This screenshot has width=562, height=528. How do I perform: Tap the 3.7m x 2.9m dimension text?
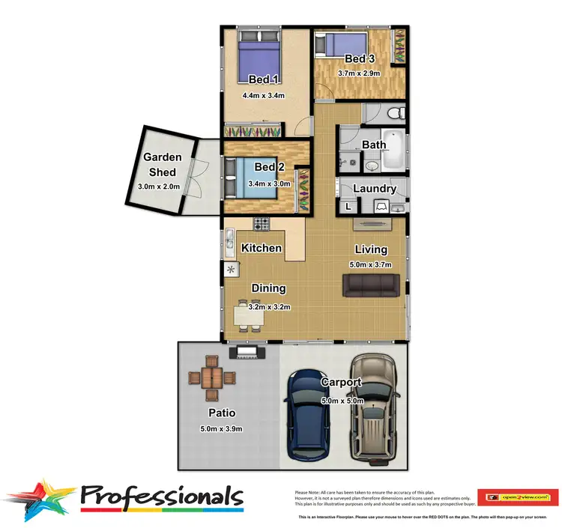(x=359, y=73)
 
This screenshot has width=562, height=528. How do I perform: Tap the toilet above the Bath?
(x=397, y=113)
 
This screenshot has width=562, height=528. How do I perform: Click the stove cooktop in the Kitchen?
(x=262, y=223)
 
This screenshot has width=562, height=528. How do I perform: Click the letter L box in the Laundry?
(x=348, y=206)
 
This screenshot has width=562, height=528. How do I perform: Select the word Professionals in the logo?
(x=161, y=496)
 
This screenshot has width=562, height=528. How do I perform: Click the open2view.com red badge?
(x=522, y=496)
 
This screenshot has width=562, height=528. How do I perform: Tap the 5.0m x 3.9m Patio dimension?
(x=222, y=428)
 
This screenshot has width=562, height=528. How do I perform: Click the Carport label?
(x=341, y=383)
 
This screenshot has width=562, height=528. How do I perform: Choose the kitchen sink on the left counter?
(x=229, y=240)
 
